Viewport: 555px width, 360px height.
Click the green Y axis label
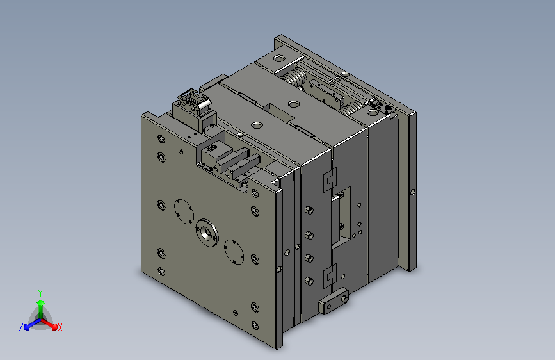tap(40, 293)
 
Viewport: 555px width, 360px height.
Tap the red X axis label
tap(60, 328)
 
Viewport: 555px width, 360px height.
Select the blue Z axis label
tap(21, 327)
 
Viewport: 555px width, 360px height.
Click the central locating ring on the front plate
tap(207, 233)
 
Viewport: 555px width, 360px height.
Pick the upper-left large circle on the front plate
tap(184, 211)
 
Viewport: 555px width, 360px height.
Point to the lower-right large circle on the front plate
tap(234, 252)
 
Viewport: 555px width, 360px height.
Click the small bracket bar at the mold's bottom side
tap(334, 301)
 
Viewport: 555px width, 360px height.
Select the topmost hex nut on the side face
tap(309, 209)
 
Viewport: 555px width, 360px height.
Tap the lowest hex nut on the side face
tap(309, 281)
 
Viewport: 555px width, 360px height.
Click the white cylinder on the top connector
tap(204, 104)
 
